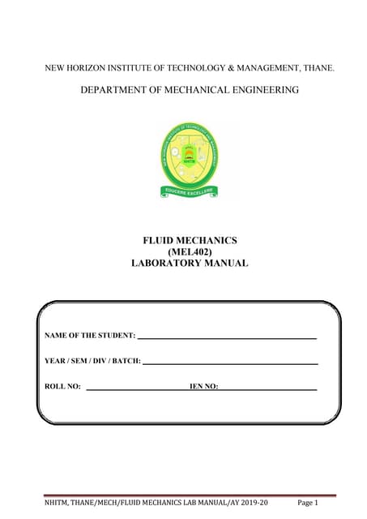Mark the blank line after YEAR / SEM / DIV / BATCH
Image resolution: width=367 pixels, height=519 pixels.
pos(230,362)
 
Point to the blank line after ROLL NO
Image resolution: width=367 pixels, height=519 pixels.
pos(136,389)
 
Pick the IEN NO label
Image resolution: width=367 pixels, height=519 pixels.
pos(203,387)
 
